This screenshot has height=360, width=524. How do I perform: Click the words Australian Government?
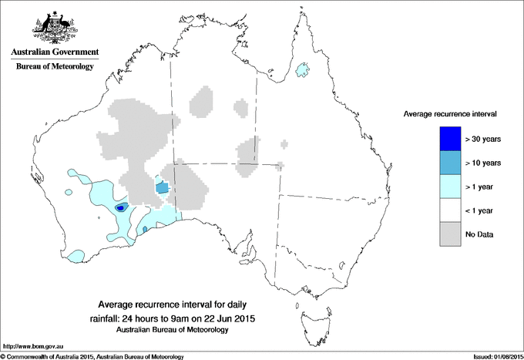[53, 52]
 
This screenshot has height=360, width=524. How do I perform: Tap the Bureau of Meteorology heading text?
[54, 67]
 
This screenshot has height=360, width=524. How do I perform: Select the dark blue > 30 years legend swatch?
[450, 139]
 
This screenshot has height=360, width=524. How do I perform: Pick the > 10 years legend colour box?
[450, 163]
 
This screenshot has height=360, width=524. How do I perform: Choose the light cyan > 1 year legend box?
[450, 187]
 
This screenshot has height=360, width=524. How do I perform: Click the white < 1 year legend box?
[450, 210]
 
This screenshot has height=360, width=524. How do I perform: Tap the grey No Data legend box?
[450, 234]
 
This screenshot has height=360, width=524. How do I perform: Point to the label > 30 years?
[483, 140]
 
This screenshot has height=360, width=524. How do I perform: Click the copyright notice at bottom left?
[92, 356]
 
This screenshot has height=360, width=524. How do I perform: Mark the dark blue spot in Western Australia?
[119, 207]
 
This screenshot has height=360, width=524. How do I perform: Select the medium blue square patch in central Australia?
[162, 187]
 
